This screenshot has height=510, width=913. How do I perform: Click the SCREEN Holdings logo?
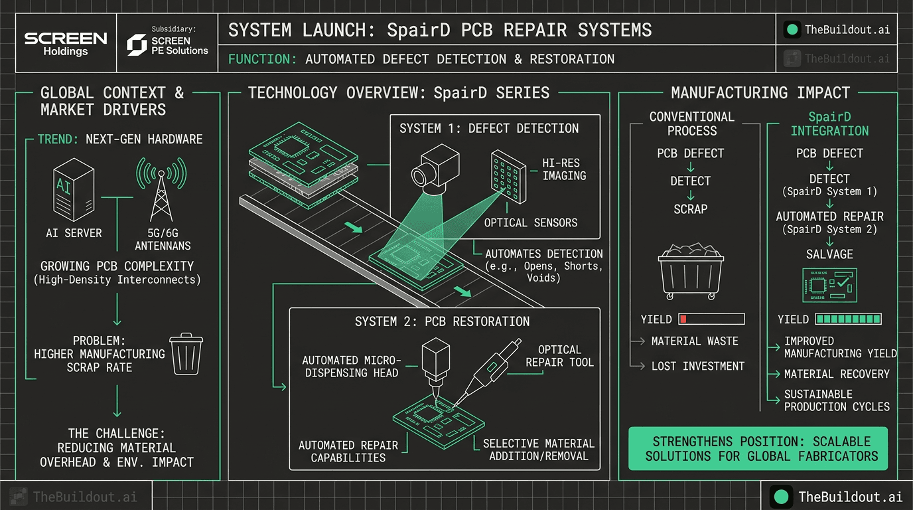(66, 43)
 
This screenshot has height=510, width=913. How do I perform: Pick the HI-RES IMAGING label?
(564, 169)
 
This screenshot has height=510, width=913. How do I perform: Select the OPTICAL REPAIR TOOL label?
(559, 356)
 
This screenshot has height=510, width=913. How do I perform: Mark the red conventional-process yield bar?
(711, 319)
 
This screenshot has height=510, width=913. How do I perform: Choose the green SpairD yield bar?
(848, 319)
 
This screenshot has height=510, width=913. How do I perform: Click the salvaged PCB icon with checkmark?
(829, 285)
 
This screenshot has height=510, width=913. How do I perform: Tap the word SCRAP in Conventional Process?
(691, 209)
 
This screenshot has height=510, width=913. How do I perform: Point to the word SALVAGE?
(829, 254)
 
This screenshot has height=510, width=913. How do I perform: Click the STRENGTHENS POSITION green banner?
(757, 449)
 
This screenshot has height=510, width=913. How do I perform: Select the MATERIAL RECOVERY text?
(837, 374)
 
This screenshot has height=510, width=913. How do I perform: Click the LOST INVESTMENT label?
(698, 366)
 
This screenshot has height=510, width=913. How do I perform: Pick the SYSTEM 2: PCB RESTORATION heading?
(443, 321)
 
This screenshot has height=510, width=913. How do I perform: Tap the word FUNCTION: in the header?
(263, 59)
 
